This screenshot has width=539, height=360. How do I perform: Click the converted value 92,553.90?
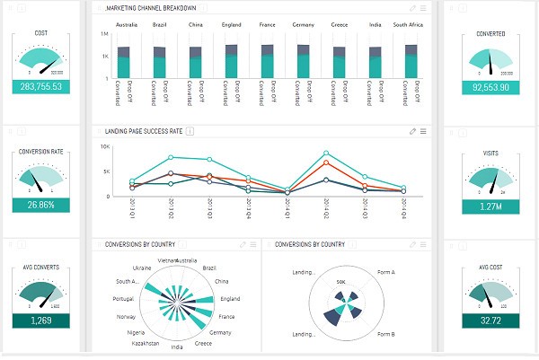[x=491, y=87]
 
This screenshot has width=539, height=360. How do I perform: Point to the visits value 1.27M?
[x=491, y=205]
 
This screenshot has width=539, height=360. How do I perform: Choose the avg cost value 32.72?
[x=491, y=320]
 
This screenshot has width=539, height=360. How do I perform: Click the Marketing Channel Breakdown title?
[x=150, y=8]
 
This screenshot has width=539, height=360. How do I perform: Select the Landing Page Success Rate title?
[x=144, y=131]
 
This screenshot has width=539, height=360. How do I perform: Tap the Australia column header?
[x=128, y=24]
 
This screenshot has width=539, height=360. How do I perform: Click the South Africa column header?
[x=409, y=24]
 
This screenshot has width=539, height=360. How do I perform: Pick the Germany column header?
[x=304, y=24]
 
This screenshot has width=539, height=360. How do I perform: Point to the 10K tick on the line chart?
[x=105, y=145]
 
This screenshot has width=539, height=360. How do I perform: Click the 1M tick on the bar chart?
[x=105, y=33]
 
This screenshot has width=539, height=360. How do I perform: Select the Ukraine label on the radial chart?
[x=142, y=268]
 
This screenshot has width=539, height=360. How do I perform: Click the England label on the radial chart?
[x=230, y=298]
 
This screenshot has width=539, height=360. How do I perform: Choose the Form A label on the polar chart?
[x=388, y=272]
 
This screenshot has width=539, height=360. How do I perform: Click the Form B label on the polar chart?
[x=388, y=334]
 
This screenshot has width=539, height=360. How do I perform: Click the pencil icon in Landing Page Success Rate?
[x=412, y=131]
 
